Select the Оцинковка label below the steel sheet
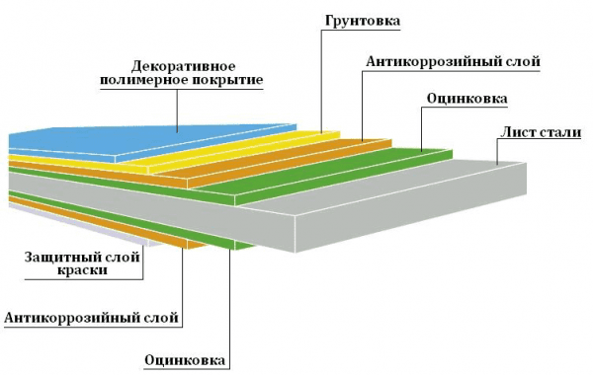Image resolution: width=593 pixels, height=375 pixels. click(x=187, y=359)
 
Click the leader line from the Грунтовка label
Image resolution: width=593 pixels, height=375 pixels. click(x=323, y=79)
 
